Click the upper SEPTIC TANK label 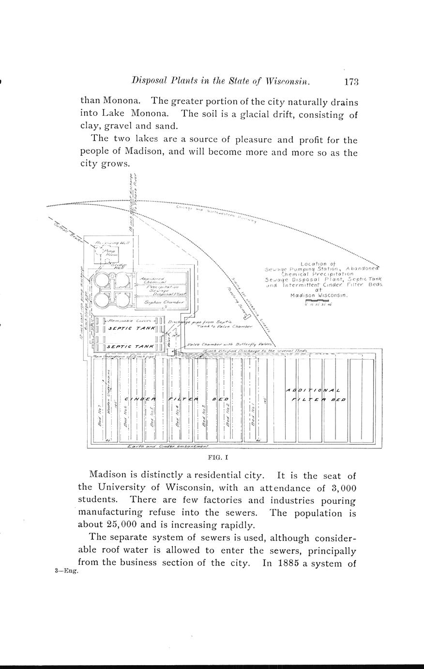point(131,328)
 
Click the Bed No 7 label point(99,414)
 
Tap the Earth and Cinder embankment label point(167,446)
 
